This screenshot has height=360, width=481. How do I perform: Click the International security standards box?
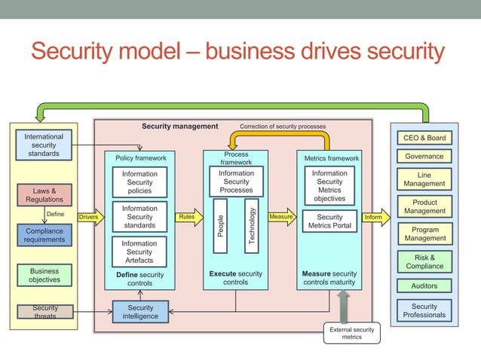click(44, 145)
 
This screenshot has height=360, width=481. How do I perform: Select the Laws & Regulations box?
click(44, 195)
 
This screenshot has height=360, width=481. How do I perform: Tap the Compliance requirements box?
click(44, 235)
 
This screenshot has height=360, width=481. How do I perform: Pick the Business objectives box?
click(44, 275)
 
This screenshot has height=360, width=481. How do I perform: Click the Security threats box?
click(44, 312)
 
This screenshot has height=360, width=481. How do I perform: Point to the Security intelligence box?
click(140, 312)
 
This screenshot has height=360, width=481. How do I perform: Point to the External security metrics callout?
click(351, 332)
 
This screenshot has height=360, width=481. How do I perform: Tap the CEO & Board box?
click(424, 138)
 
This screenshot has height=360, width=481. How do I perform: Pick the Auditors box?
click(424, 285)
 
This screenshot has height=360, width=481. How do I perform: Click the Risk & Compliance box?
click(424, 261)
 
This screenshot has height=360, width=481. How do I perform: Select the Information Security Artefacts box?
click(139, 252)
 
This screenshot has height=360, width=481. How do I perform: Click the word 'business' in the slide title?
click(256, 52)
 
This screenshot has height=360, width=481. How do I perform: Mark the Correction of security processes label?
click(283, 127)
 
